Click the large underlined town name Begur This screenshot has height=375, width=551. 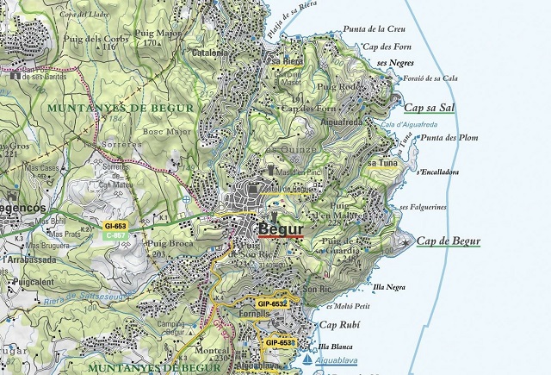coord(280,229)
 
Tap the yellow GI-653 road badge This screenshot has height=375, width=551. coord(115,226)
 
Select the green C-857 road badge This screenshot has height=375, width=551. coord(115,234)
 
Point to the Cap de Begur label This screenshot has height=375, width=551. coord(448,241)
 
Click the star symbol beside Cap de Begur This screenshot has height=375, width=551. coord(406,243)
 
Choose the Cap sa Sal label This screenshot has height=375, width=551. coord(429,108)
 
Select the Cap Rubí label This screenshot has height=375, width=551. coord(339,325)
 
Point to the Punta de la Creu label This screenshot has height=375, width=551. coord(375,28)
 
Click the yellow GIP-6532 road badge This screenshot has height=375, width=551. coord(272,304)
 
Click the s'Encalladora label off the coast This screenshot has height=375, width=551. coord(437,172)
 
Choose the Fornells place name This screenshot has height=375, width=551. coord(255,315)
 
